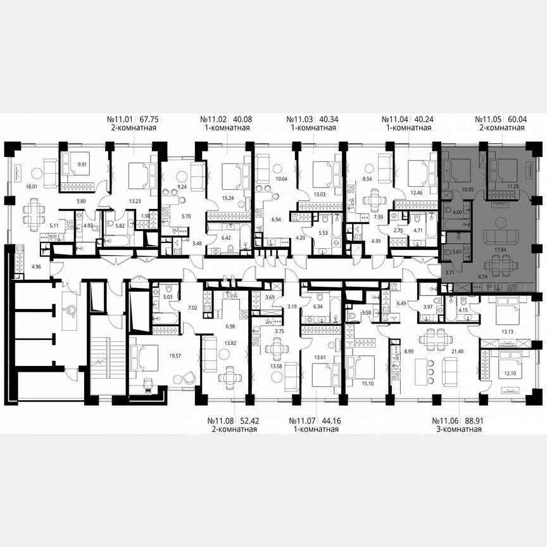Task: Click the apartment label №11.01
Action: (x=121, y=118)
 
